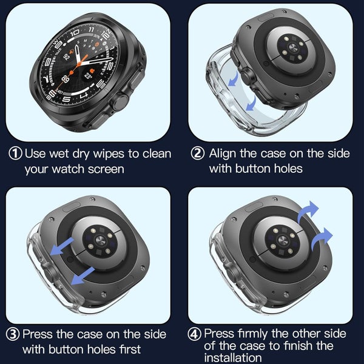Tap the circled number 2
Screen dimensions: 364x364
(x=197, y=153)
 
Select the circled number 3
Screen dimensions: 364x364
(x=13, y=334)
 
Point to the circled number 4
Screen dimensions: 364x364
(x=195, y=334)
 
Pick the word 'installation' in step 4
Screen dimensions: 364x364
(x=237, y=358)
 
